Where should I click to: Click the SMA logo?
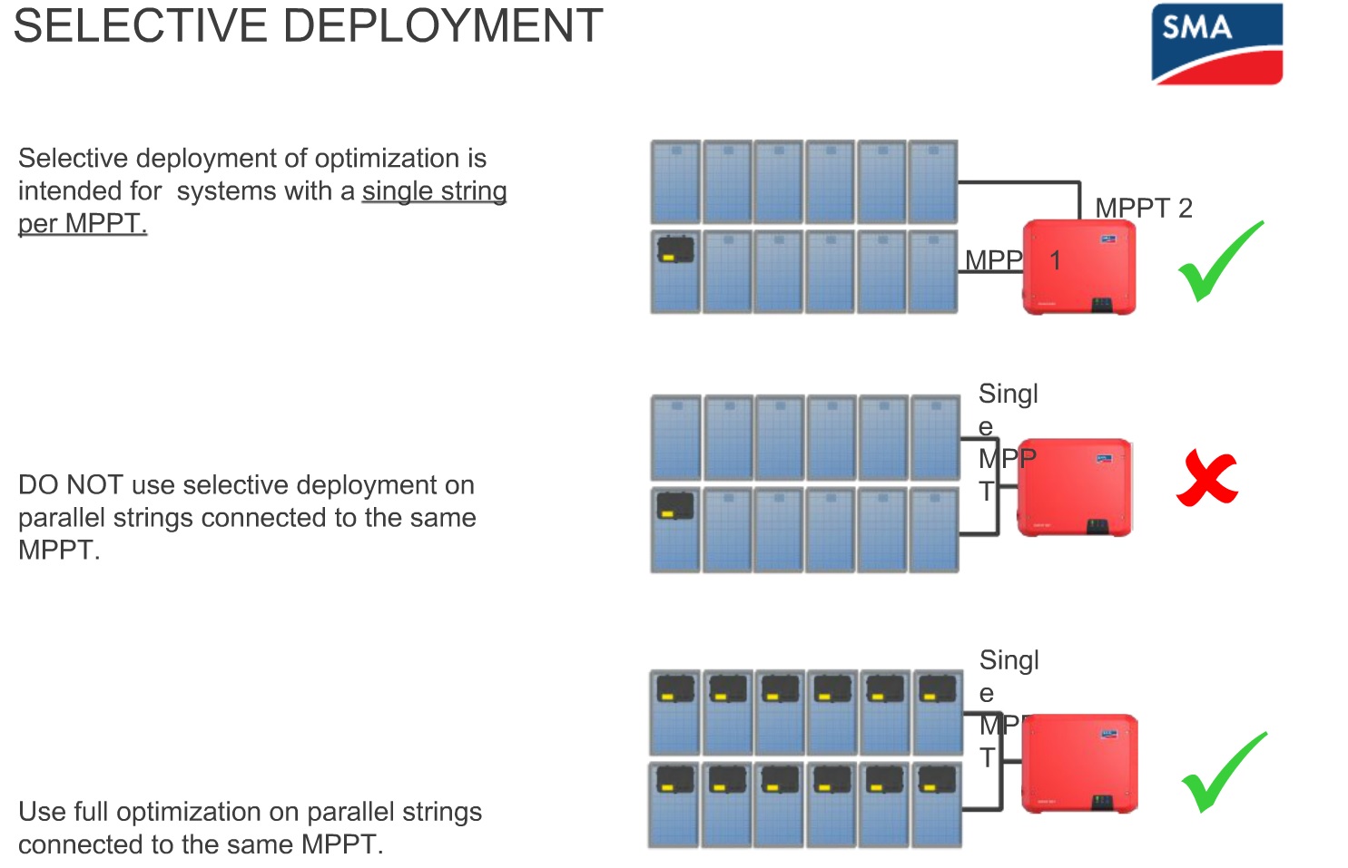(x=1216, y=43)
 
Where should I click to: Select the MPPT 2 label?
(x=1143, y=208)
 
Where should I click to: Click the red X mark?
(x=1206, y=479)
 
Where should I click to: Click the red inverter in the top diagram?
(x=1078, y=267)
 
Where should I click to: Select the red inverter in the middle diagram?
(x=1075, y=487)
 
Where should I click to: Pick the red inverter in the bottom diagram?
(x=1079, y=763)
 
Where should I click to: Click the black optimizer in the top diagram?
(x=675, y=249)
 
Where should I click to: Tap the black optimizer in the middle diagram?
(x=674, y=506)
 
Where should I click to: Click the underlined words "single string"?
(x=434, y=191)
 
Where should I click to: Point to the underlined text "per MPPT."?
(x=83, y=224)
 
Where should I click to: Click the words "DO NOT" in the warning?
(x=70, y=485)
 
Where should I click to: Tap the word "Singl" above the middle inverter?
(x=1008, y=394)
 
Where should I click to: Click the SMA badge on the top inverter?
(x=1108, y=239)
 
